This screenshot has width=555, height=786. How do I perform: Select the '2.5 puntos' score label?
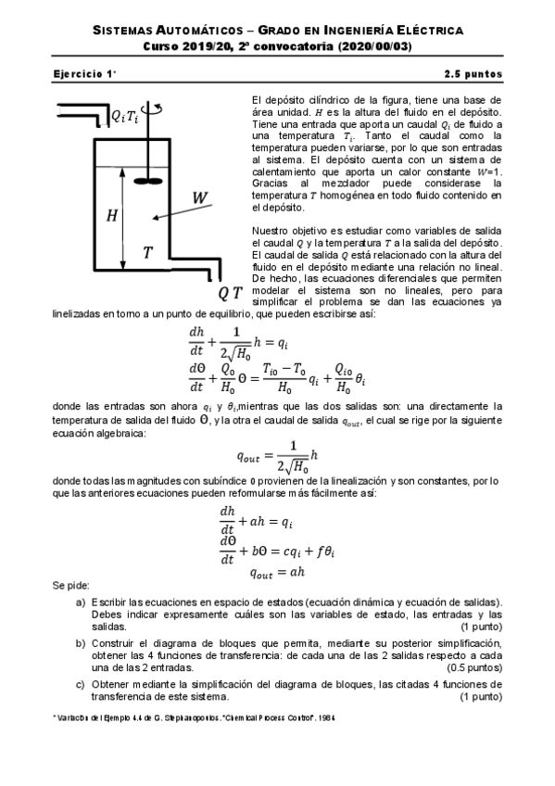coord(473,72)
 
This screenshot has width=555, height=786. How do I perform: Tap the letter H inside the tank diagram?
coord(112,216)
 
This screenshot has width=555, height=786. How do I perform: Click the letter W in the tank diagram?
coord(199,197)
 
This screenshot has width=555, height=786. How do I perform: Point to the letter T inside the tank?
coord(147,251)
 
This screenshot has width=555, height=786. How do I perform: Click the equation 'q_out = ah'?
coord(278,573)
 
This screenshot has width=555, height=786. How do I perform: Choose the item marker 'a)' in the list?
coord(81,602)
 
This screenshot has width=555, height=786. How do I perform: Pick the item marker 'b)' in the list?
coord(81,641)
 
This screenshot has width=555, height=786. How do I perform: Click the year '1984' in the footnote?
coord(326,717)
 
